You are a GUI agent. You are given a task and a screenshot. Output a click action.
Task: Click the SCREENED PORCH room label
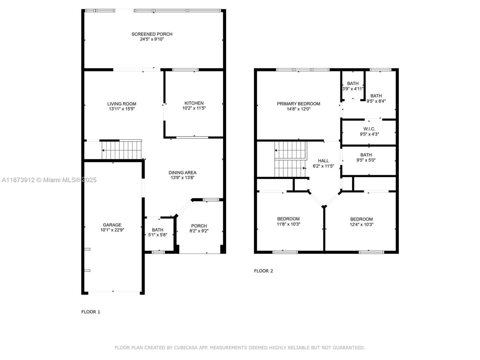pos(152,34)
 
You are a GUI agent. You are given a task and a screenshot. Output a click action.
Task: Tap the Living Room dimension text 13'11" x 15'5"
pos(122,109)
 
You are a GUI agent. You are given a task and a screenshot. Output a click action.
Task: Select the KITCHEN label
pos(194,103)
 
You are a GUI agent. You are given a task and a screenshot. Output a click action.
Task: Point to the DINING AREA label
pos(182,172)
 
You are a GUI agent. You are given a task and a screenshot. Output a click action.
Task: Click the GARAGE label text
pos(112,225)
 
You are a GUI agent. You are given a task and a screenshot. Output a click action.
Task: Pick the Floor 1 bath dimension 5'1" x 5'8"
pos(157,235)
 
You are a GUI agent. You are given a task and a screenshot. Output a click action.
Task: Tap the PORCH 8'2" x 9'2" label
pos(199,228)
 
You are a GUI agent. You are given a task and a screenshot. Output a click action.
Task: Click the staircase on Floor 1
pos(121,150)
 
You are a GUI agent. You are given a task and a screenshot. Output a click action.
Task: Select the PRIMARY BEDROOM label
pos(298,104)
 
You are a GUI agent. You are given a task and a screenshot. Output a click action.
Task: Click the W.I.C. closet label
pos(369,129)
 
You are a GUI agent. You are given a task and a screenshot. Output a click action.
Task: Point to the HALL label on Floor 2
pos(323,161)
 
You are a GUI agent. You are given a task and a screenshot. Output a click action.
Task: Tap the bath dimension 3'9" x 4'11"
pos(353,89)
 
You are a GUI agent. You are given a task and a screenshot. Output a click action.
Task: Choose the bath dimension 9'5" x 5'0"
pos(366,160)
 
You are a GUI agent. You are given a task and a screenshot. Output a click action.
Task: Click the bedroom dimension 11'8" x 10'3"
pos(288,224)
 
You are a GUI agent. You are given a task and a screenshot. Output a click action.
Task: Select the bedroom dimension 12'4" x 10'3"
pos(361,224)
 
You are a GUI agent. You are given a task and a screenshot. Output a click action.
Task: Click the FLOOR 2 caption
pos(263,271)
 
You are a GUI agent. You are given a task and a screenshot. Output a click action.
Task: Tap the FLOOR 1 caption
pos(91,312)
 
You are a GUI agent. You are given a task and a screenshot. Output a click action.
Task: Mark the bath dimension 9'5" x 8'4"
pos(376,101)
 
